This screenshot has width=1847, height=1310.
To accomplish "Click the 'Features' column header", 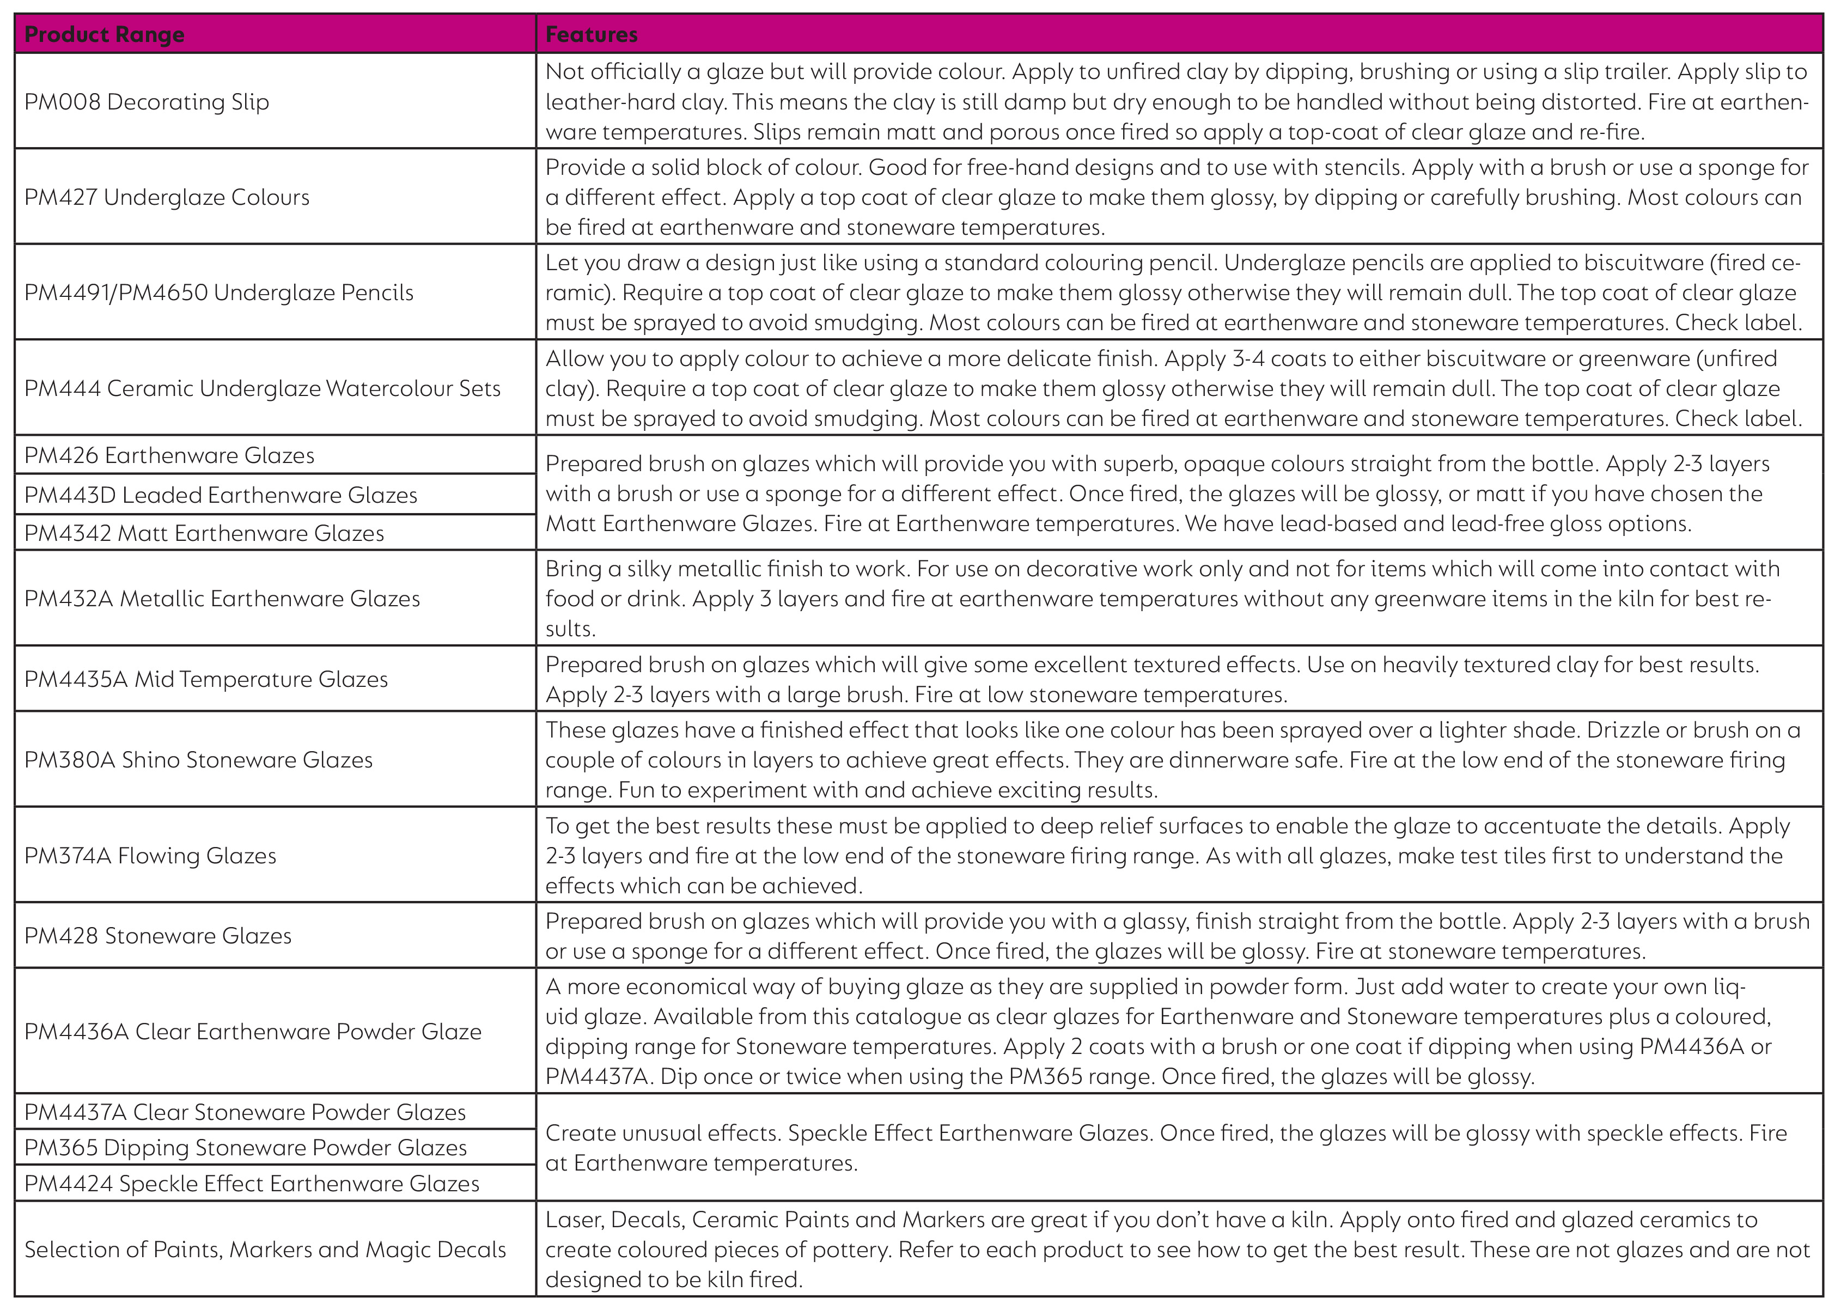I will tap(591, 35).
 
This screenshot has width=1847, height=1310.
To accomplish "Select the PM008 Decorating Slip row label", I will tap(147, 102).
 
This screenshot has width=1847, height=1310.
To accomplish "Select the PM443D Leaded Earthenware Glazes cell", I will tap(221, 495).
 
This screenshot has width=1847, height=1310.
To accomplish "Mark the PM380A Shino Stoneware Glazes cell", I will tap(198, 759).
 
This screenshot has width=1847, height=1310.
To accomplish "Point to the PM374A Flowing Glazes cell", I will tap(150, 855).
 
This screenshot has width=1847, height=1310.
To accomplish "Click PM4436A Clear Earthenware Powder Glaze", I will tap(252, 1031).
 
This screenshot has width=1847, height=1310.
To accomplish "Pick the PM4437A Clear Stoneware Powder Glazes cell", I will tap(245, 1112).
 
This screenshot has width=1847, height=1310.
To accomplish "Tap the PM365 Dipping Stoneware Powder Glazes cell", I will tap(245, 1147).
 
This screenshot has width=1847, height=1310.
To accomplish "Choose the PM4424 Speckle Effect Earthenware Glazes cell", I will tap(252, 1183).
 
